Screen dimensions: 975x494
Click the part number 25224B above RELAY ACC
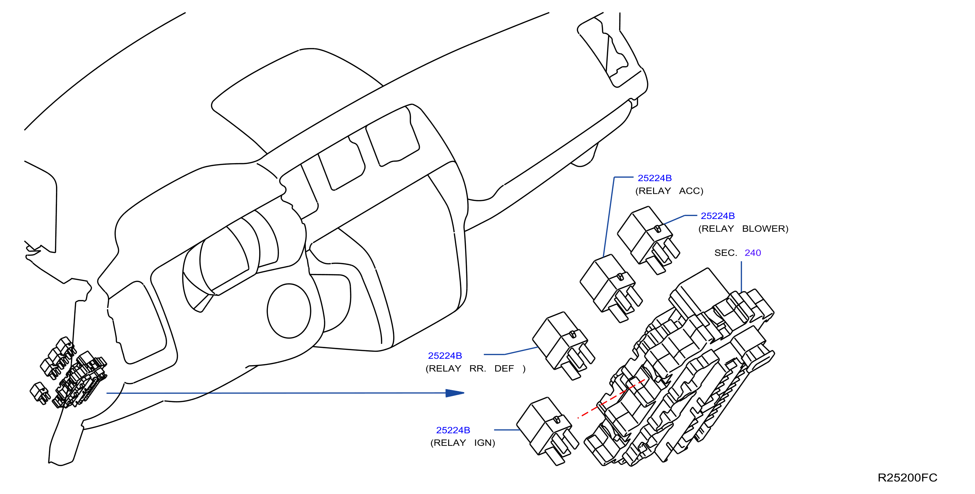point(654,178)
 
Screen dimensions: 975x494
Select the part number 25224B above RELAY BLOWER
point(718,216)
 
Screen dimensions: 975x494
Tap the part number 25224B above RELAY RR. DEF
point(445,356)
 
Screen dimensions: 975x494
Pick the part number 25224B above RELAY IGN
point(453,430)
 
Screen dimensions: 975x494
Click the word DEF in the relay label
point(504,369)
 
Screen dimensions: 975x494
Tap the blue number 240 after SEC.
point(752,253)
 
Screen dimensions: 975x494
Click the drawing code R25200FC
point(907,477)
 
